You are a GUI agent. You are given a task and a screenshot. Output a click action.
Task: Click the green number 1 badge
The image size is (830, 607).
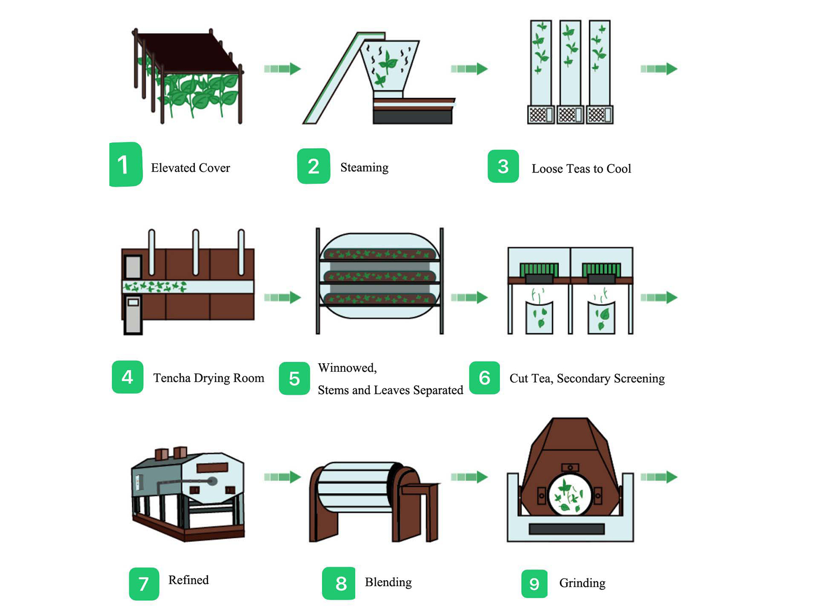[125, 165]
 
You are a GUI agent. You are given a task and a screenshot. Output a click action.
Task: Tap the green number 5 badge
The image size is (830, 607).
[294, 378]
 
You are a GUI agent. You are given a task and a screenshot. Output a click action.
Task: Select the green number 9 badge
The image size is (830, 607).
[534, 584]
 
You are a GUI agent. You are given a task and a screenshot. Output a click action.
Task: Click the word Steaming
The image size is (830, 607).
[364, 167]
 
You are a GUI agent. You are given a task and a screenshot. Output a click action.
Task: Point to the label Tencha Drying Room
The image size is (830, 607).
[209, 378]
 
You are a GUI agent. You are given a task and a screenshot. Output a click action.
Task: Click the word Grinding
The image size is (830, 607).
[582, 583]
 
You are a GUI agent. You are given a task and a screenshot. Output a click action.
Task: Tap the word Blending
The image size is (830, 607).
[388, 582]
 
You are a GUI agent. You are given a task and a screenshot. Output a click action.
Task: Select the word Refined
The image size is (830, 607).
[188, 580]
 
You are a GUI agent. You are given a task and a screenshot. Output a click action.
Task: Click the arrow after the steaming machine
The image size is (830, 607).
[469, 69]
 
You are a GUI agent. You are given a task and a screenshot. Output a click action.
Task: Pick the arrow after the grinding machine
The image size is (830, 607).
[658, 476]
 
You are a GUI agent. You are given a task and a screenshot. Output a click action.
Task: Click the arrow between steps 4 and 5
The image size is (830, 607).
[282, 297]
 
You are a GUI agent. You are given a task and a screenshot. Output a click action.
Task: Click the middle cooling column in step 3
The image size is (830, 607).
[570, 63]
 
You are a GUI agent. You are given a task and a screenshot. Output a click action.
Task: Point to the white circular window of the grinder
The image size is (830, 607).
[570, 494]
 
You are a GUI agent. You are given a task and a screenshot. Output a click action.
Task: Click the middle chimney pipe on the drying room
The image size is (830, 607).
[195, 252]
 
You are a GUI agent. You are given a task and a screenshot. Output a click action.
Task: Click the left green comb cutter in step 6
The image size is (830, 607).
[539, 270]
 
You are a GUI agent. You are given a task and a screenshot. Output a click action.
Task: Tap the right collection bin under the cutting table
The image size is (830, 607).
[601, 318]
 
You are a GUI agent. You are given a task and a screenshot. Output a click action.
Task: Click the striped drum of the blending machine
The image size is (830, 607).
[354, 488]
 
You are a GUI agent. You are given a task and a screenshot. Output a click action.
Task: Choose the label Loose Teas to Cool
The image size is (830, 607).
[581, 169]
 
